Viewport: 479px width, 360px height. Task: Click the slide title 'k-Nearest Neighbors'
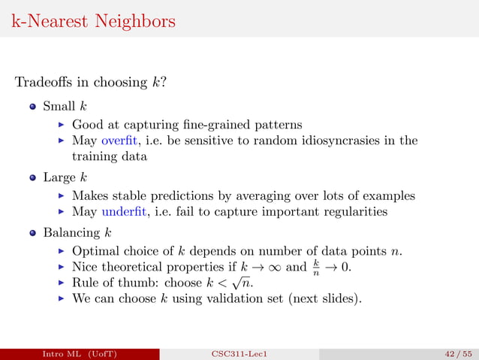coord(94,20)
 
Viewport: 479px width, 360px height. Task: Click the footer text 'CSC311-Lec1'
coord(239,353)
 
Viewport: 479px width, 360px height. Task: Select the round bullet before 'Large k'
coord(33,178)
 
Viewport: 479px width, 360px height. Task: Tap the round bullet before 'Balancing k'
coord(33,231)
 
